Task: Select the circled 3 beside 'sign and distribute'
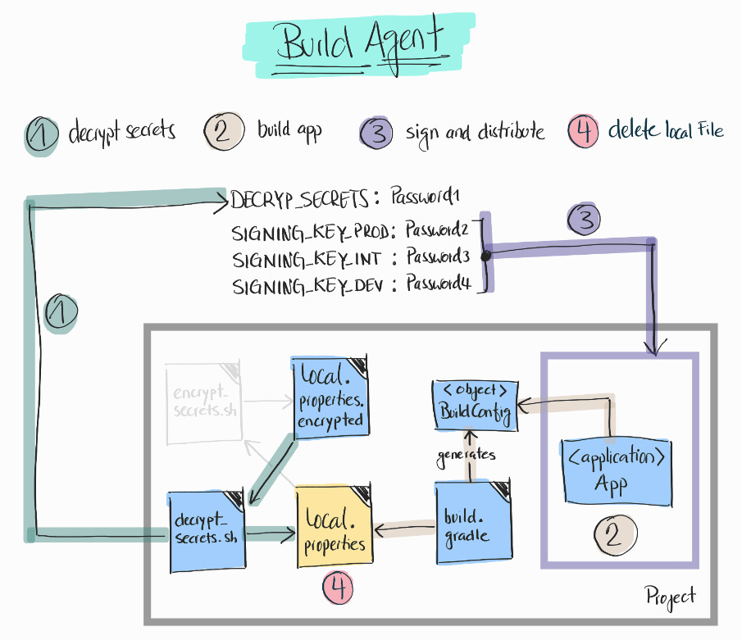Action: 377,132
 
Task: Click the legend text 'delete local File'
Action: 666,131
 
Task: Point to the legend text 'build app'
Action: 289,129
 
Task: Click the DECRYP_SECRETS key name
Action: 300,198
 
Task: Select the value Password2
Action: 439,232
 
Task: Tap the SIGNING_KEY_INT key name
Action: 307,260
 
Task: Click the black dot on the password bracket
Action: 485,256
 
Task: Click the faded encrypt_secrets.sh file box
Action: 202,402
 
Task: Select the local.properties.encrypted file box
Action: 330,397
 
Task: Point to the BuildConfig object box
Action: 474,402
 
